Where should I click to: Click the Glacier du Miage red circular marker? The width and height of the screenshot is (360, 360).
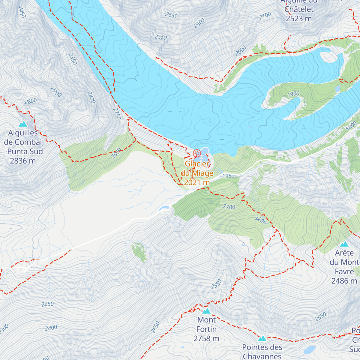[x=197, y=154]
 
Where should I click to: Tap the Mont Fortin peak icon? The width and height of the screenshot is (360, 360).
[x=206, y=311]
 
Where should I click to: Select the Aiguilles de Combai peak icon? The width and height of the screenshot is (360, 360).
[x=23, y=124]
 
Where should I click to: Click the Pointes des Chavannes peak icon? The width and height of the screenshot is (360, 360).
[x=262, y=339]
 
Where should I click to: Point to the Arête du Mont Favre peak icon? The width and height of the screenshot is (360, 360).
[x=344, y=244]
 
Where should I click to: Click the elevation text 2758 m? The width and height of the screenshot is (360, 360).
[x=206, y=339]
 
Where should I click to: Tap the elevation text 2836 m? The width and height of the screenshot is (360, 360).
[x=23, y=161]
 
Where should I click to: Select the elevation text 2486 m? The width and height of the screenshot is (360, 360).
[x=344, y=281]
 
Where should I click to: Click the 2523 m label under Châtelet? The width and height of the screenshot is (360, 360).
[x=299, y=19]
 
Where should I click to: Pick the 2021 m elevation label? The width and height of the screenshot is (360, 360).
[x=197, y=182]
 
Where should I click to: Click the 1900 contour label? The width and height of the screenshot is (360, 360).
[x=293, y=94]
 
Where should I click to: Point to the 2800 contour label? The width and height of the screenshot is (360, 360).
[x=30, y=101]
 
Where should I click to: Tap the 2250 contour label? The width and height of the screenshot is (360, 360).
[x=47, y=304]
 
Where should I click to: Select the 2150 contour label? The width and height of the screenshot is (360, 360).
[x=117, y=114]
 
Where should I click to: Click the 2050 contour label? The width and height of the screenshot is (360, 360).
[x=116, y=153]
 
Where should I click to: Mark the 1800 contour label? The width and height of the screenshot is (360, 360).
[x=351, y=126]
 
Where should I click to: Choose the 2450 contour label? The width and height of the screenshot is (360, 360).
[x=22, y=12]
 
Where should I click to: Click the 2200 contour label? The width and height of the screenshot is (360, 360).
[x=260, y=220]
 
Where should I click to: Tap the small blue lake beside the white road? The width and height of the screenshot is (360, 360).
[x=164, y=208]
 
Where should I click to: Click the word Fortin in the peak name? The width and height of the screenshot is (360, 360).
[x=206, y=329]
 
